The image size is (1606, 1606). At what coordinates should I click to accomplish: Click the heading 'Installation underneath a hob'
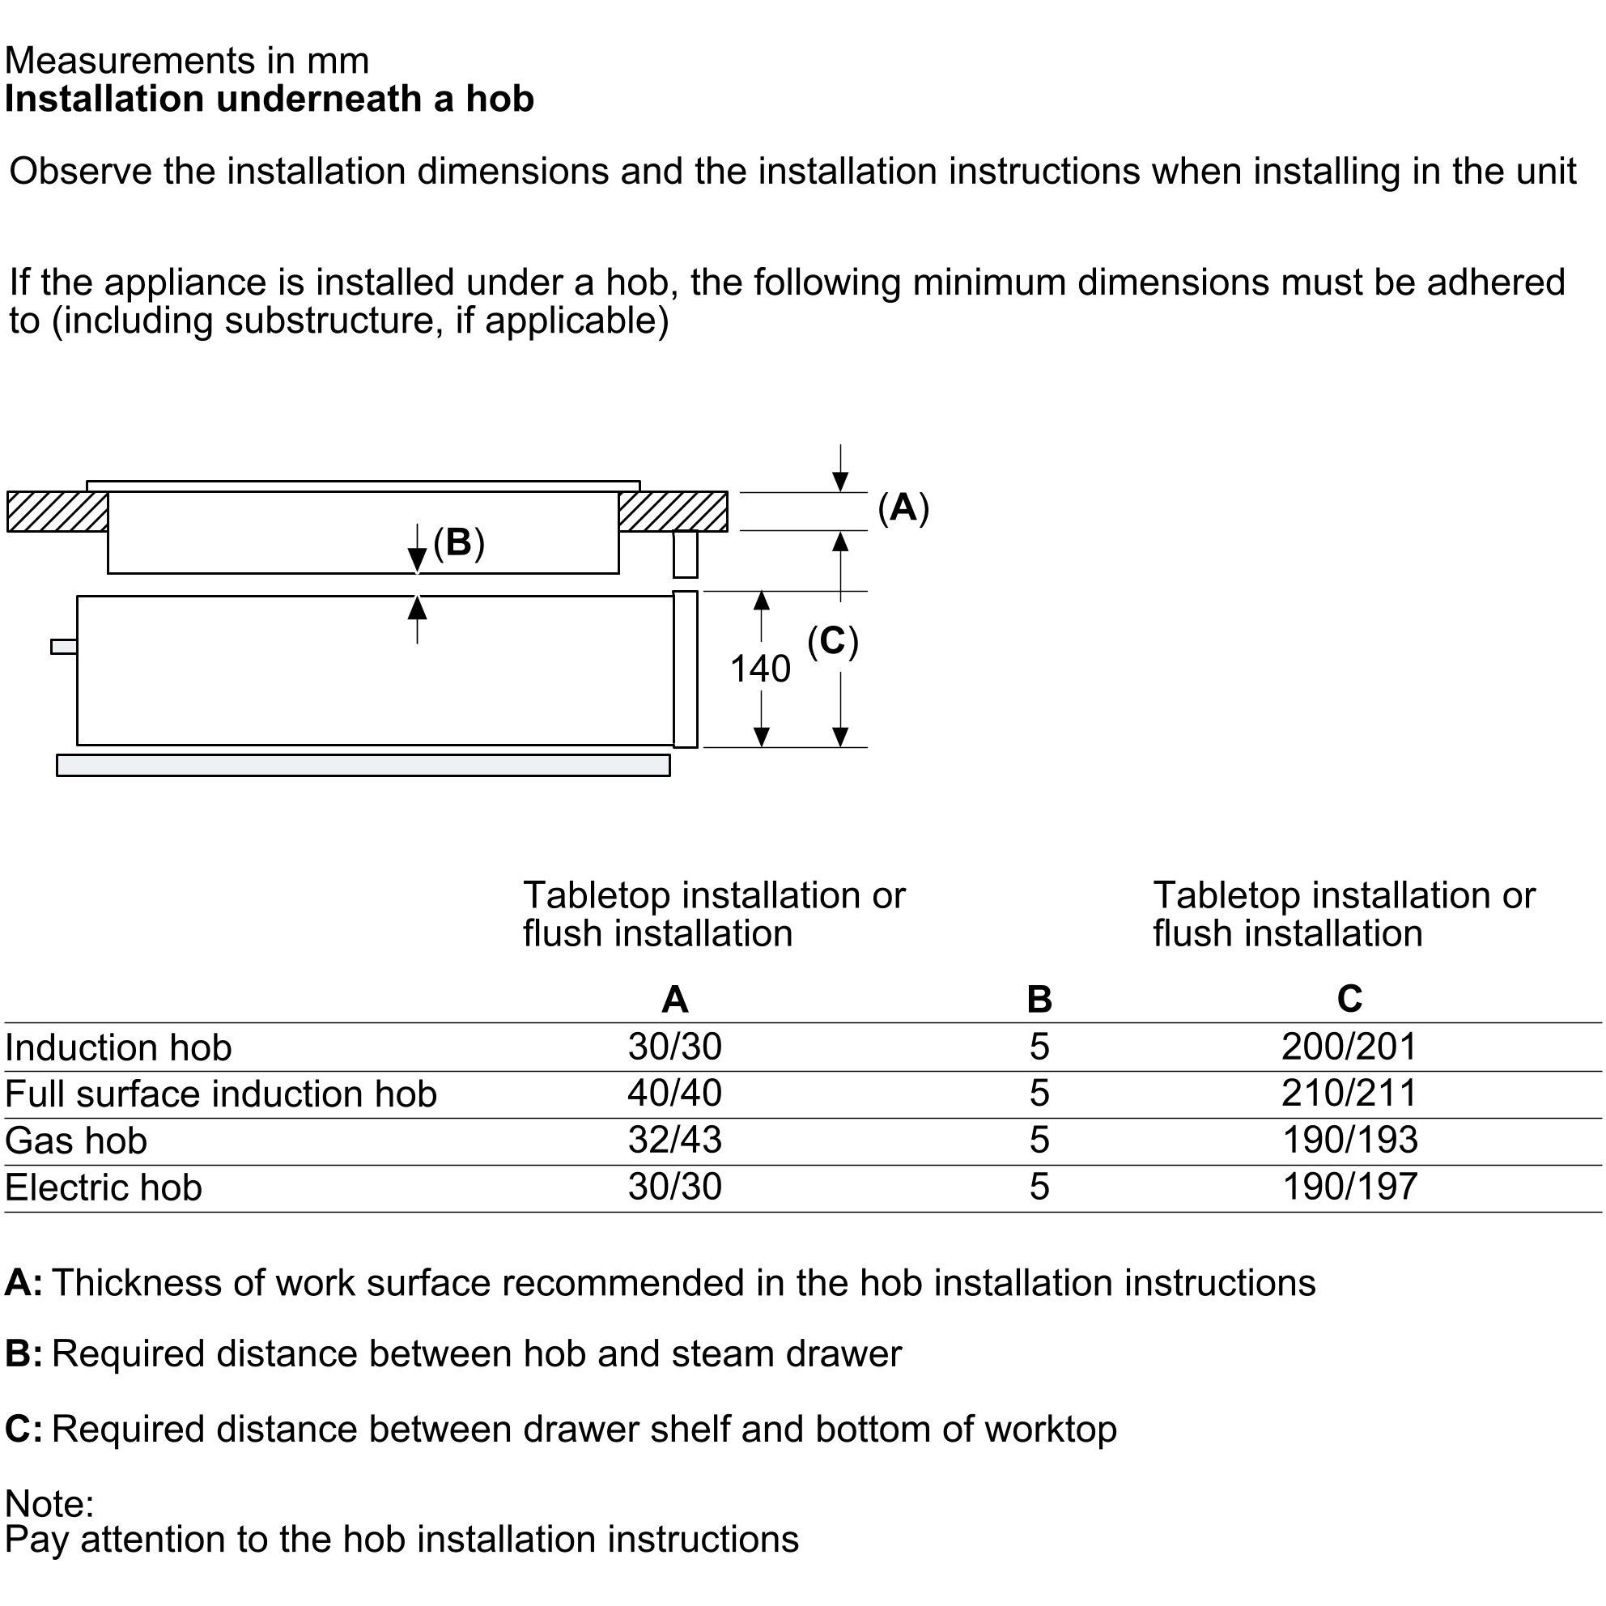click(269, 99)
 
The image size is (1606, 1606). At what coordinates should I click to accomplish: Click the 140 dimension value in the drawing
click(760, 669)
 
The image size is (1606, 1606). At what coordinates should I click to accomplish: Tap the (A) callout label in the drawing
click(903, 507)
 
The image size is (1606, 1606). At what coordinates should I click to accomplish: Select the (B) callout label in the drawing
click(459, 542)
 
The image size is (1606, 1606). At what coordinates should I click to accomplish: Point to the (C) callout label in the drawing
click(832, 641)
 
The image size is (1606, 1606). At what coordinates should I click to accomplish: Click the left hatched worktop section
click(57, 512)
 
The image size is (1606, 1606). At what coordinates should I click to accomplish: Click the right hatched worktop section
click(673, 512)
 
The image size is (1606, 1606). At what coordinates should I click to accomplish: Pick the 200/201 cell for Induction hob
click(1349, 1047)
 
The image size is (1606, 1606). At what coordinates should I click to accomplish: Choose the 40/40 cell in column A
click(674, 1093)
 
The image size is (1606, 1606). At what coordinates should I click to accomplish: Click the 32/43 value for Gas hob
click(674, 1140)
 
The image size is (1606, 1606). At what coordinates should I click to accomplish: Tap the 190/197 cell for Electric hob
click(1349, 1186)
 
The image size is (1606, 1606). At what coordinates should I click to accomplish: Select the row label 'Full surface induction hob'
click(220, 1094)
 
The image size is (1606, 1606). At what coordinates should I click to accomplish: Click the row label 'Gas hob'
click(75, 1141)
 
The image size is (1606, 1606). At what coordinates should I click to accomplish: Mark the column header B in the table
click(1039, 999)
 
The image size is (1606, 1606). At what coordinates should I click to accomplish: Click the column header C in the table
click(1349, 998)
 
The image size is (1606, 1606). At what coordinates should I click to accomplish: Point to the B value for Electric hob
click(1039, 1186)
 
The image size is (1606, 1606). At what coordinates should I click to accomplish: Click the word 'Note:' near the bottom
click(49, 1504)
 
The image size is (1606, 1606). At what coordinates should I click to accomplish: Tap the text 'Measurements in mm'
click(186, 61)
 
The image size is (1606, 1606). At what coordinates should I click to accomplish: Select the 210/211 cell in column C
click(1349, 1093)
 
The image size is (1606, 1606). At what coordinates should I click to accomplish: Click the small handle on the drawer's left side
click(64, 647)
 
